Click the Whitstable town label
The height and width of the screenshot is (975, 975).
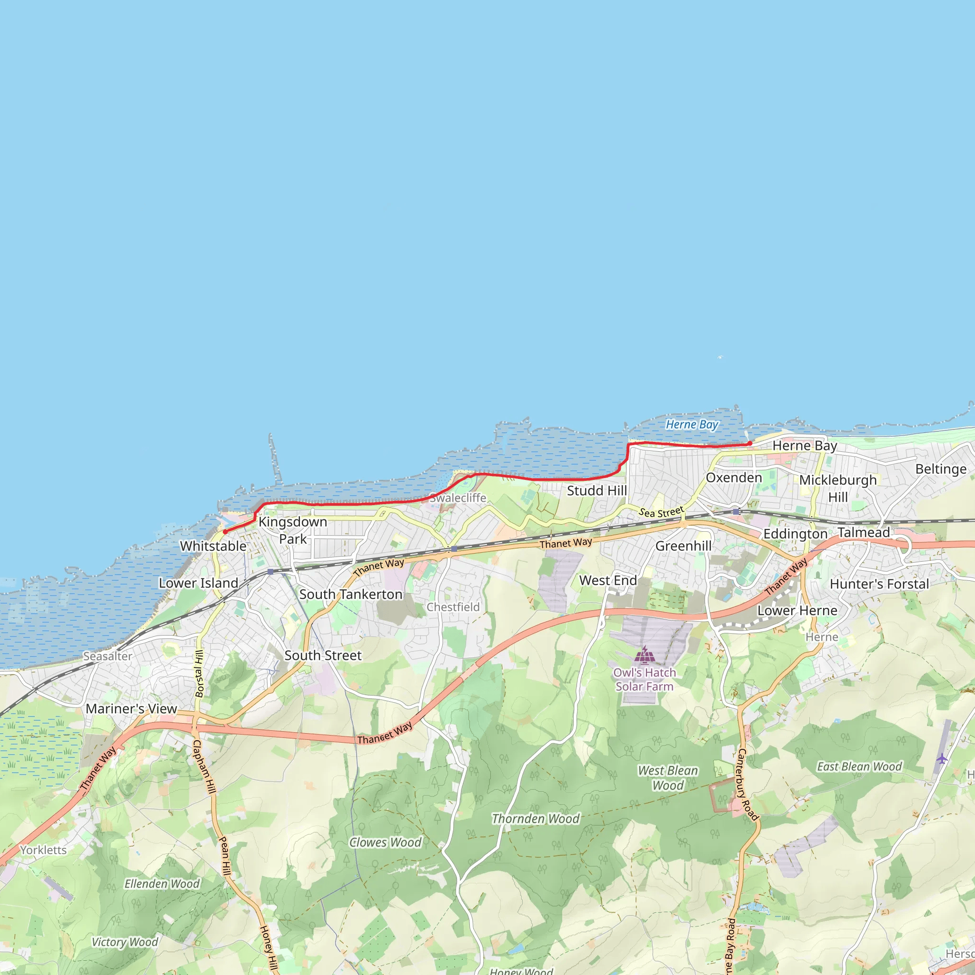[213, 546]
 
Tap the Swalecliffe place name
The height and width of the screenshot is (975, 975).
[458, 498]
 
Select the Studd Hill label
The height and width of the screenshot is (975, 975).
[597, 490]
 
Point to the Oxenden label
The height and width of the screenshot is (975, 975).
[734, 478]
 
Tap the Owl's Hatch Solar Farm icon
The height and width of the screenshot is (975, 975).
[645, 656]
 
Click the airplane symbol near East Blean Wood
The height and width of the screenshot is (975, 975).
[942, 758]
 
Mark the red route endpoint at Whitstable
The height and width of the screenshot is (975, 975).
[225, 531]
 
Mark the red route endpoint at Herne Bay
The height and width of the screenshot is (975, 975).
[750, 443]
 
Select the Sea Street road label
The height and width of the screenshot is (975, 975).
[661, 512]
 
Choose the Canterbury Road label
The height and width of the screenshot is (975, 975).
[748, 785]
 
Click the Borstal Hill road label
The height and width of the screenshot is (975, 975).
[200, 674]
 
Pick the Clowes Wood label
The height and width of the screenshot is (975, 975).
[385, 842]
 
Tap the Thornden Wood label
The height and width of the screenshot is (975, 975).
[536, 818]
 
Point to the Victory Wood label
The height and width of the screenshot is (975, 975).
[125, 942]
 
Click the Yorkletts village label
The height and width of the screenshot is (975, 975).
[43, 850]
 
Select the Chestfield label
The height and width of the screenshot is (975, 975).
[453, 607]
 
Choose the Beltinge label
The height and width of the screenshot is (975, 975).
[941, 469]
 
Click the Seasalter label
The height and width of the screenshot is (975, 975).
[108, 656]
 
